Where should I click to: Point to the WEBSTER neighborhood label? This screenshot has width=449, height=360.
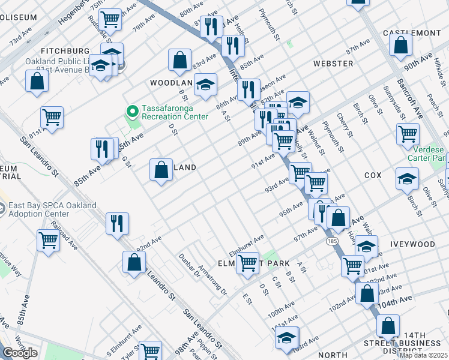coord(333,63)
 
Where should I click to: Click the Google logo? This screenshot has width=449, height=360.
coord(20,353)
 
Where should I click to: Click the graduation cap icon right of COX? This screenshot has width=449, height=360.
coord(407,178)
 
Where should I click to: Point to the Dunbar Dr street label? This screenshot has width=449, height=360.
coord(188,264)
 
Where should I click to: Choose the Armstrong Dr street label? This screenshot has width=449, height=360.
coord(212,280)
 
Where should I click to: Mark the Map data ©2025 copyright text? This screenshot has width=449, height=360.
coord(423,355)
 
